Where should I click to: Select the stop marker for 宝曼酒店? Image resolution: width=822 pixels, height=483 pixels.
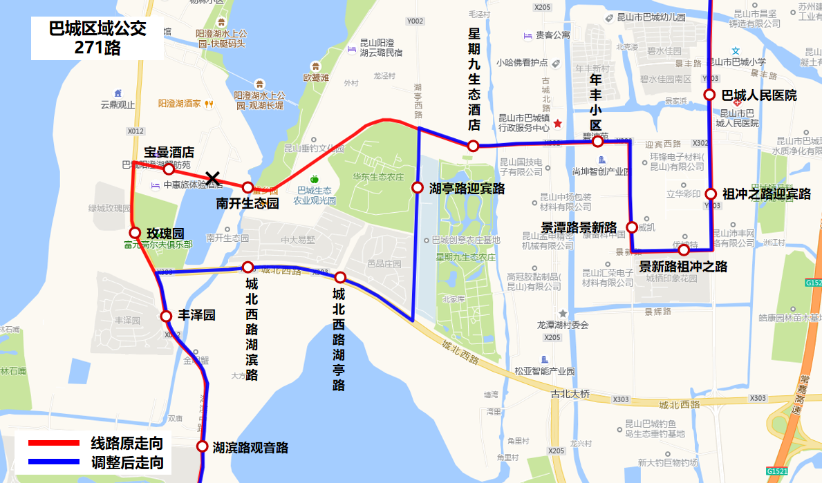click(168, 169)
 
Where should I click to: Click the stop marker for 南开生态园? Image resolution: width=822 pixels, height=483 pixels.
click(247, 187)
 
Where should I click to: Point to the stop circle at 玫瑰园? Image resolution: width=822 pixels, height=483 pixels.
click(135, 233)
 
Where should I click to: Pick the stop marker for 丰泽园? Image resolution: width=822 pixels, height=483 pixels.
click(166, 316)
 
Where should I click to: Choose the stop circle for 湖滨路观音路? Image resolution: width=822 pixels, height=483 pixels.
click(202, 446)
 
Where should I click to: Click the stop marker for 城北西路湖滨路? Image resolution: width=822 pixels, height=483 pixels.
click(247, 267)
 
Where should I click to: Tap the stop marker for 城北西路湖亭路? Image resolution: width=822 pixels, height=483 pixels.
click(340, 277)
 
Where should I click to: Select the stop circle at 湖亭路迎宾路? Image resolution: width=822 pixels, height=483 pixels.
click(418, 187)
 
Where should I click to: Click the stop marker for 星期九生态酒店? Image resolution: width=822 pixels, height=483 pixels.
click(473, 146)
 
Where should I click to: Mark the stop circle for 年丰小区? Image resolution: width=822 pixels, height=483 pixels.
click(597, 141)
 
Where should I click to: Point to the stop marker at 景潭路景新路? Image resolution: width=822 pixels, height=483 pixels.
click(631, 227)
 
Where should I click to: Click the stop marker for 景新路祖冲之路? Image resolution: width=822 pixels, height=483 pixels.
click(684, 249)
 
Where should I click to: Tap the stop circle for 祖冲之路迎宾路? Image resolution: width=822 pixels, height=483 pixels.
click(710, 194)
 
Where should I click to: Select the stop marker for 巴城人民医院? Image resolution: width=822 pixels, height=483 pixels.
click(709, 95)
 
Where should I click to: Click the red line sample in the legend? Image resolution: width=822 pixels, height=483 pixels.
click(54, 443)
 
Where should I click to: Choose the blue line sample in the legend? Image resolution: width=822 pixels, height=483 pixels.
click(54, 462)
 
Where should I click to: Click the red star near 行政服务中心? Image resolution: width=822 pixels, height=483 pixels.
click(558, 124)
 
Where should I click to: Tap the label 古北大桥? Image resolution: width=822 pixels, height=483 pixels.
click(570, 394)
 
